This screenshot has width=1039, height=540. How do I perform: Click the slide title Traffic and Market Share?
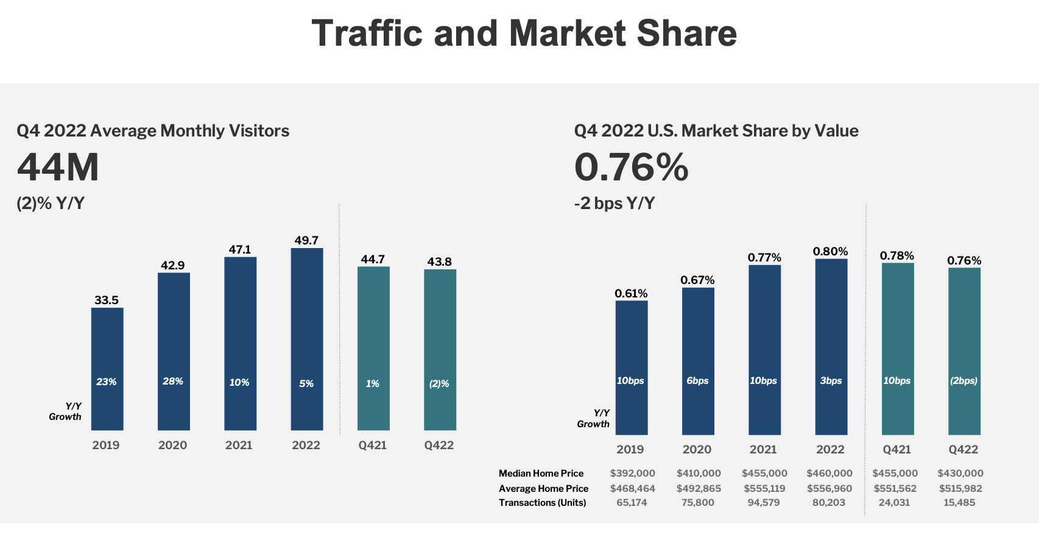point(524,34)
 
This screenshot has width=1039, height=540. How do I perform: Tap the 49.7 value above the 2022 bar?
point(306,241)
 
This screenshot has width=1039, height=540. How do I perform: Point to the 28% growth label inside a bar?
point(173,382)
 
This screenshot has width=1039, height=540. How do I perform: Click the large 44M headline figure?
point(58,168)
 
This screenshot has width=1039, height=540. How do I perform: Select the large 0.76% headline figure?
point(631,168)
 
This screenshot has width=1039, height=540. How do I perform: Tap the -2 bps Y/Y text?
point(614,204)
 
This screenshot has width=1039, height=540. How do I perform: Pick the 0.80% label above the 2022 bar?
point(830,252)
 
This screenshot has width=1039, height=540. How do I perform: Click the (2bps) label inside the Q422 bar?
point(963,381)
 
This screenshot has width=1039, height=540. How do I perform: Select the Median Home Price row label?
point(541,474)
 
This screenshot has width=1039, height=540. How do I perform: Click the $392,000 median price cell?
point(632,474)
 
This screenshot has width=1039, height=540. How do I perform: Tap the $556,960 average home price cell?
point(829,489)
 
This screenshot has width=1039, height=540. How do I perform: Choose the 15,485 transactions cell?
point(959,503)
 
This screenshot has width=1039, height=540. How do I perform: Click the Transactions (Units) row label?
point(542,503)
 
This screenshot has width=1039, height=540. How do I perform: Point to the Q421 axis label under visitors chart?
point(373,446)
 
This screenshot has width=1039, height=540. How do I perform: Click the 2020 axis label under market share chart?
point(697,450)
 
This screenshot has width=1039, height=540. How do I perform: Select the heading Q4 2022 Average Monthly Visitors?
point(153,131)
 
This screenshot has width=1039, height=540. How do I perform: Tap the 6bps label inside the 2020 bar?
point(697,381)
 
